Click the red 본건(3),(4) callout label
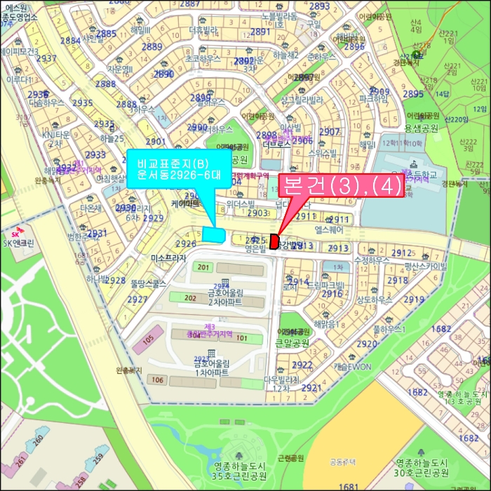[x=342, y=186]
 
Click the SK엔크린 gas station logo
[x=15, y=234]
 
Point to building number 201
[x=204, y=268]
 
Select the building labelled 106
[x=158, y=380]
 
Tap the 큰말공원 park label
[x=292, y=343]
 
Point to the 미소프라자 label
[x=168, y=258]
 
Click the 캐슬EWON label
[x=352, y=366]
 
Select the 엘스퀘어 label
[x=328, y=229]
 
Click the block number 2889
[x=152, y=47]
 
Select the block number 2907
[x=329, y=132]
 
